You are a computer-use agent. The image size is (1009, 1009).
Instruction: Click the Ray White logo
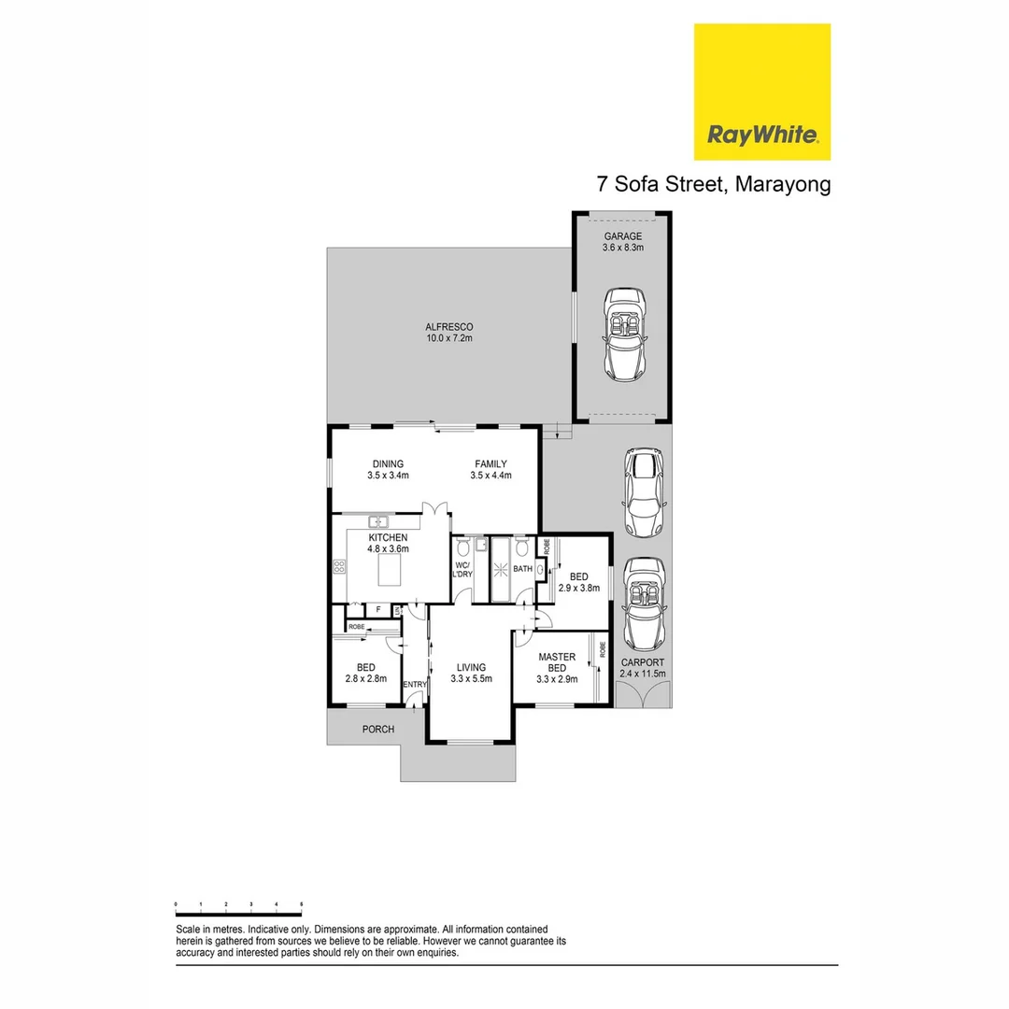[x=761, y=92]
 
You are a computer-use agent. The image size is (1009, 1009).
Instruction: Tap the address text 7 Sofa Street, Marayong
[x=714, y=184]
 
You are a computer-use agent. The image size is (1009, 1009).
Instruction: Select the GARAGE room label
[x=622, y=236]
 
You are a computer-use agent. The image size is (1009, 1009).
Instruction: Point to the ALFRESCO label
[x=449, y=326]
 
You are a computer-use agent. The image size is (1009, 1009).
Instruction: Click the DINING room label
[x=388, y=463]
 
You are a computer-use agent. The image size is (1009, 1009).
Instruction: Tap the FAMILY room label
[x=490, y=463]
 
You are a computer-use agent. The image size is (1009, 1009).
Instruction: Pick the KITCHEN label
[x=388, y=538]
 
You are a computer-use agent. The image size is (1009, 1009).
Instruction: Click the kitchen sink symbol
[x=378, y=521]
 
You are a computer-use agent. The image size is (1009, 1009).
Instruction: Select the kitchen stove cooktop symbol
[x=339, y=566]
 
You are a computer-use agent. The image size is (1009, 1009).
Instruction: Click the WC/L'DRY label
[x=462, y=570]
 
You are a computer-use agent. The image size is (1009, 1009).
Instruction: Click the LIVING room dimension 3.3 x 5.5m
[x=471, y=679]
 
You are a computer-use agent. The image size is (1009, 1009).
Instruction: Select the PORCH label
[x=378, y=729]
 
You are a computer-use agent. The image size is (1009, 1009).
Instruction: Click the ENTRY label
[x=414, y=685]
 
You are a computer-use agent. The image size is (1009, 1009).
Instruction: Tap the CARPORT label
[x=643, y=661]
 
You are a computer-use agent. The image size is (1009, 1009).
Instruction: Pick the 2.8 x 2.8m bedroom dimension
[x=365, y=679]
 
